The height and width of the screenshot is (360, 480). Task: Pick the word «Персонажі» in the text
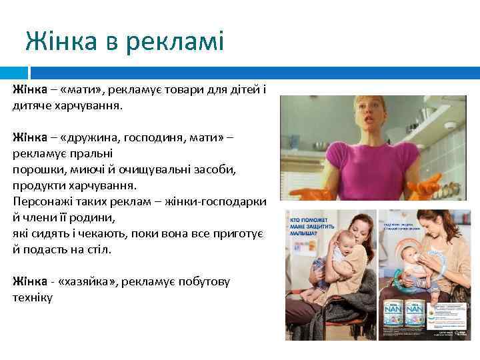[x=43, y=201]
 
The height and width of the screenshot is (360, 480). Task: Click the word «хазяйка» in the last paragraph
[x=88, y=281]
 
